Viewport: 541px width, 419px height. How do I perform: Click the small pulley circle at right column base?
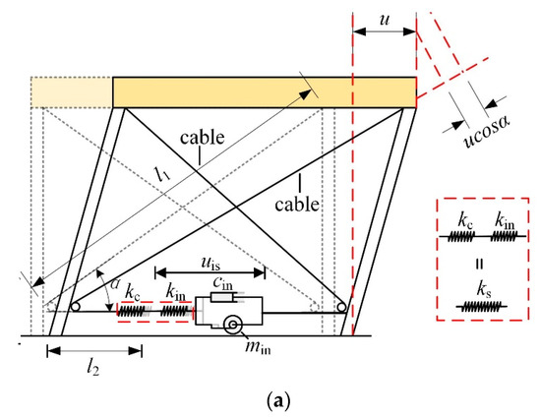pyautogui.click(x=341, y=307)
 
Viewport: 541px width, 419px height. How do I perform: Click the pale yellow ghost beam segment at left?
pyautogui.click(x=71, y=91)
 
